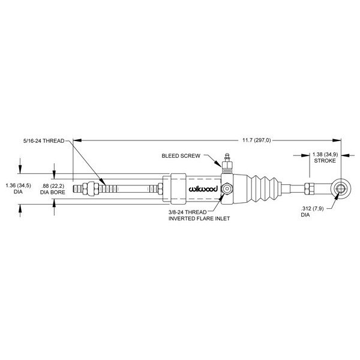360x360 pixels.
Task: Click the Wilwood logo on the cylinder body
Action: coord(203,188)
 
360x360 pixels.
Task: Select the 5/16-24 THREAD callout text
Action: coord(44,141)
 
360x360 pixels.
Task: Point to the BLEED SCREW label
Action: coord(181,155)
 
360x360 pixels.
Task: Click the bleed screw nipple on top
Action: coord(227,158)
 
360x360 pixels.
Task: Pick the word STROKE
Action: coord(325,161)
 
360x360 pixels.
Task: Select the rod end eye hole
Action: coord(340,188)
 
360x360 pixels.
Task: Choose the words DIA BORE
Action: coord(53,192)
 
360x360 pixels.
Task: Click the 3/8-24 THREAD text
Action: coord(188,212)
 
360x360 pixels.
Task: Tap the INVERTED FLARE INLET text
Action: coord(199,218)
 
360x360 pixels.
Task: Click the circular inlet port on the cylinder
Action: coord(227,188)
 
